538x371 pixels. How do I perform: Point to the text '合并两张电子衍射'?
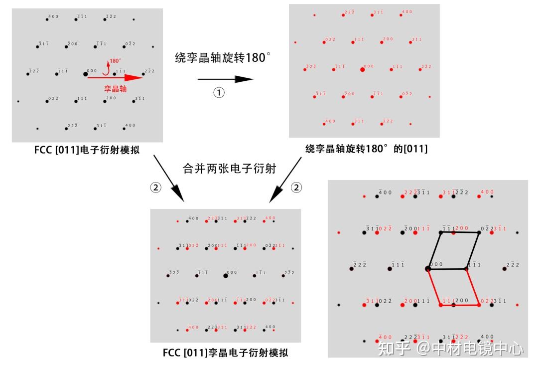(229, 169)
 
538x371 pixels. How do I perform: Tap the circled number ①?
(219, 93)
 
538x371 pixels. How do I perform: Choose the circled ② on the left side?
(156, 187)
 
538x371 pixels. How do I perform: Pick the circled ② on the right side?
(296, 187)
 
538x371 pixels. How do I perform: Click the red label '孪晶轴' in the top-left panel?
(115, 88)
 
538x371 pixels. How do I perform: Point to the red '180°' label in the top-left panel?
(115, 61)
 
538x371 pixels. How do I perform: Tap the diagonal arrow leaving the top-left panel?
(169, 179)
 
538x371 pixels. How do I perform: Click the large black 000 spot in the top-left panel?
(85, 74)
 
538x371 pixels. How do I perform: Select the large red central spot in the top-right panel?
(362, 70)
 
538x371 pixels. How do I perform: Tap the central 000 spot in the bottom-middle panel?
(226, 275)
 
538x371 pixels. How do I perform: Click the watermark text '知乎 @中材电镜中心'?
(451, 349)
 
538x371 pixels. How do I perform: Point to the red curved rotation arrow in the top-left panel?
(105, 68)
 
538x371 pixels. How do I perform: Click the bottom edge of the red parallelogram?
(459, 305)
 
